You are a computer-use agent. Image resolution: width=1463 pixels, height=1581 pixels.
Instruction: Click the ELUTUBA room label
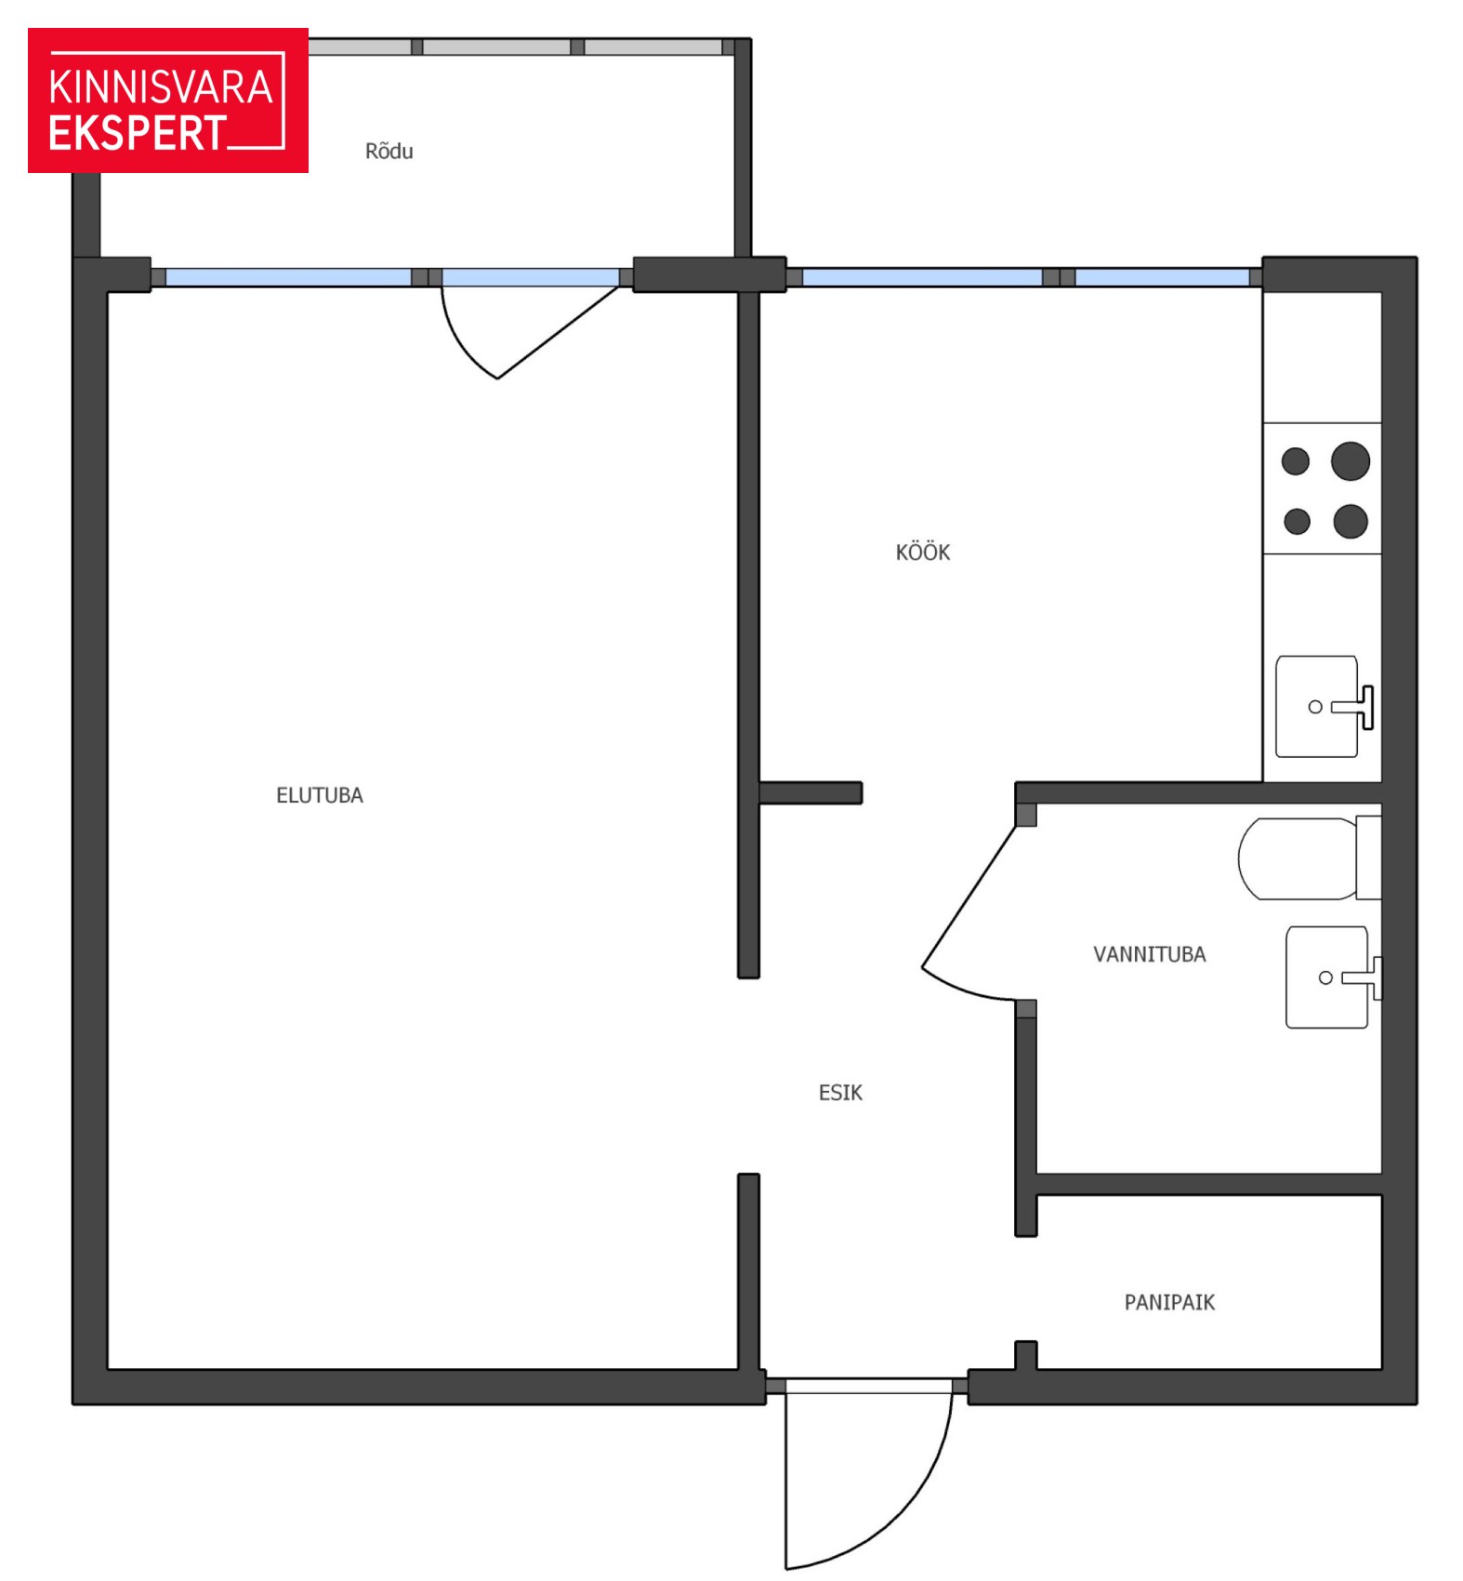(319, 795)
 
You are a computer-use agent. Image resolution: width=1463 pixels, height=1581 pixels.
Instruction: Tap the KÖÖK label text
(922, 551)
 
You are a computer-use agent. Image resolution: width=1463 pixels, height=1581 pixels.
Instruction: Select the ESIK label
(840, 1093)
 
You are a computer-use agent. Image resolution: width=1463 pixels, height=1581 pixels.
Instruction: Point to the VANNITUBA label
(1149, 954)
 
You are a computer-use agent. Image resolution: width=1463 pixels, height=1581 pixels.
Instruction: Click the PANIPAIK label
(1169, 1302)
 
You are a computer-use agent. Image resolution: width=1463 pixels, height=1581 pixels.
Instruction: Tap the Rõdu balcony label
(389, 151)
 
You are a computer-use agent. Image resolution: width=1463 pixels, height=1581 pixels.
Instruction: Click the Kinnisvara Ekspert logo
(168, 100)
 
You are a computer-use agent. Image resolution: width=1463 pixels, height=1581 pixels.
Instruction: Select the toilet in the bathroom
(1309, 858)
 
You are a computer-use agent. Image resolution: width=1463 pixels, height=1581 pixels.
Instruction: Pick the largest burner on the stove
(1351, 461)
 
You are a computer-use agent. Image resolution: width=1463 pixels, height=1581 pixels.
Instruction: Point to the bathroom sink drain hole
(1325, 977)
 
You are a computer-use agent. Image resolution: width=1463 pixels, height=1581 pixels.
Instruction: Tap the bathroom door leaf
(969, 897)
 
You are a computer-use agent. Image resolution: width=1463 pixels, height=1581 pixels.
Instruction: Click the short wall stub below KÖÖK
(811, 792)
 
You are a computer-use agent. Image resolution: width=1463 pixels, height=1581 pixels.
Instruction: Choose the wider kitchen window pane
(922, 277)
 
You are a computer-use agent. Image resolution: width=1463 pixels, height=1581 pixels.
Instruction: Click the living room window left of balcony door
(288, 277)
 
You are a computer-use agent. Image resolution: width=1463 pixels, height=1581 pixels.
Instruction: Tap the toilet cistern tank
(1369, 857)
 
